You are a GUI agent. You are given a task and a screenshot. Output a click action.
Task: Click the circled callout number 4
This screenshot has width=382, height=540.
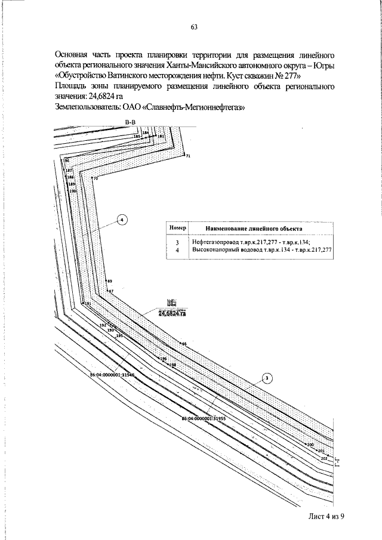pyautogui.click(x=122, y=220)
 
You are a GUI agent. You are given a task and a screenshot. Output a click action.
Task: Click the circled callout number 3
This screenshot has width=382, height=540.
pyautogui.click(x=267, y=378)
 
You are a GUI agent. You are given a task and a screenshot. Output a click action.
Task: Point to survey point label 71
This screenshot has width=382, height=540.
pyautogui.click(x=188, y=156)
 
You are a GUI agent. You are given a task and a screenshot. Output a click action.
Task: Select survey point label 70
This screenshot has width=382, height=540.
pyautogui.click(x=95, y=178)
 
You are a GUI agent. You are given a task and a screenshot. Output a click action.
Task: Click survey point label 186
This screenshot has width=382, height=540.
pyautogui.click(x=66, y=161)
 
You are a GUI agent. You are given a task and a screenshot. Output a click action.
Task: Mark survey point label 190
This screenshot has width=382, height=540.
pyautogui.click(x=73, y=191)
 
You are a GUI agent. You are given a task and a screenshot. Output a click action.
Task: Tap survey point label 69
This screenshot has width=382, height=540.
pyautogui.click(x=109, y=281)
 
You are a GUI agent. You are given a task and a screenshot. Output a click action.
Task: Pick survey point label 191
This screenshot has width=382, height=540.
pyautogui.click(x=87, y=304)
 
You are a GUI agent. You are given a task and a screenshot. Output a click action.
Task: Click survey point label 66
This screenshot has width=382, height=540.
pyautogui.click(x=184, y=344)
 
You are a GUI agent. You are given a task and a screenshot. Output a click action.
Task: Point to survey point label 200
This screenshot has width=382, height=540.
pyautogui.click(x=310, y=445)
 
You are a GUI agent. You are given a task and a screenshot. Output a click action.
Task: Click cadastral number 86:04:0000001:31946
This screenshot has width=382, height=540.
pyautogui.click(x=112, y=375)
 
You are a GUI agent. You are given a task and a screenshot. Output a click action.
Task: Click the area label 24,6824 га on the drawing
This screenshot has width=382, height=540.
pyautogui.click(x=172, y=313)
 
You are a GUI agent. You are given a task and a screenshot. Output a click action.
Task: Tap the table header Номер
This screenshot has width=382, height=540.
pyautogui.click(x=177, y=228)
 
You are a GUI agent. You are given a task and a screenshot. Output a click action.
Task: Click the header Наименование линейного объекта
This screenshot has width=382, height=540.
pyautogui.click(x=254, y=229)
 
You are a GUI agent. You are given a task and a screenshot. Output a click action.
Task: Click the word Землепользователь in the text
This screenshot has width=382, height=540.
pyautogui.click(x=84, y=107)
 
